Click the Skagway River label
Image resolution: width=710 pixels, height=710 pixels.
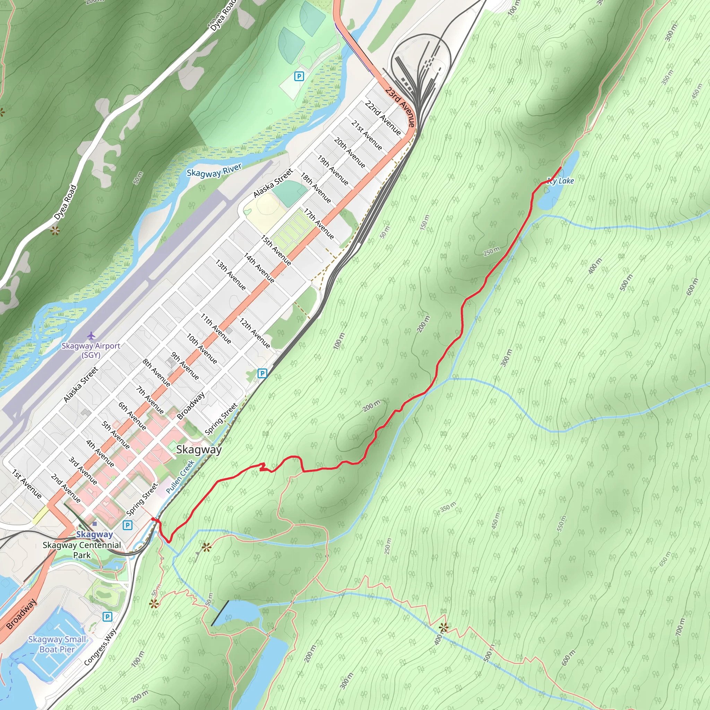coord(214,170)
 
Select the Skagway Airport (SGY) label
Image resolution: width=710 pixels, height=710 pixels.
coord(91,350)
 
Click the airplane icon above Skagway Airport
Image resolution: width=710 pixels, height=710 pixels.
coord(91,336)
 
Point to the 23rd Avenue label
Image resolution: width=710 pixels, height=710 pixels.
coord(400,107)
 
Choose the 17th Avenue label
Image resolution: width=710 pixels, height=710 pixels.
coord(319,224)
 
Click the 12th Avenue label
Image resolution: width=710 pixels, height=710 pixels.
coord(255,332)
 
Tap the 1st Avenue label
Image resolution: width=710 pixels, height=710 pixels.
coord(27,484)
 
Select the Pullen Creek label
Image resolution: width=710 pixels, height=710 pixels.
coord(180,477)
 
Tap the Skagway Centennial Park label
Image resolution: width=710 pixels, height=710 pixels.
coord(81,550)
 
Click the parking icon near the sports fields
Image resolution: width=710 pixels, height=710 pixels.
coord(299,76)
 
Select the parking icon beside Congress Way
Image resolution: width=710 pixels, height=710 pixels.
coord(107,616)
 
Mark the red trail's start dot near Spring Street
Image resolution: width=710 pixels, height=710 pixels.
coord(153,519)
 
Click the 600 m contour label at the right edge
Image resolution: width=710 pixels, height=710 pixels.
coord(692,287)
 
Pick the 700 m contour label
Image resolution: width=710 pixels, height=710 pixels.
coord(680,627)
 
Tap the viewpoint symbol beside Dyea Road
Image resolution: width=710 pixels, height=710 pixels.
coord(55,231)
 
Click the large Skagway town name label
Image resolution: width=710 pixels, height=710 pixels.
coord(199,449)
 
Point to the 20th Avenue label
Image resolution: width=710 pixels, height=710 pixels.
coord(349,152)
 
